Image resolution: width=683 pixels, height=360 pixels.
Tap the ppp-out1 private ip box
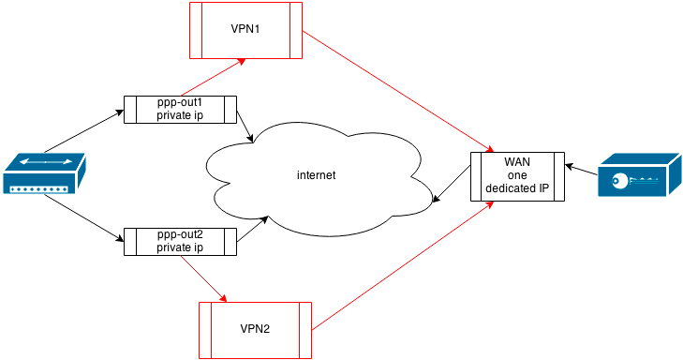point(180,109)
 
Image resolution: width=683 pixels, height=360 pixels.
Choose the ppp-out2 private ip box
point(180,241)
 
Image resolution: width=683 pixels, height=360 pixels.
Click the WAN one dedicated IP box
point(517,176)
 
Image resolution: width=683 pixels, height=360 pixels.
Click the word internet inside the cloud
point(316,175)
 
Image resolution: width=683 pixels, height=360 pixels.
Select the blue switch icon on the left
point(44,175)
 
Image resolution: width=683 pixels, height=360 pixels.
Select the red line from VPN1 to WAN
point(398,93)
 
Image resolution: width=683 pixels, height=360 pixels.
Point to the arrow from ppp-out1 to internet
point(245,127)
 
